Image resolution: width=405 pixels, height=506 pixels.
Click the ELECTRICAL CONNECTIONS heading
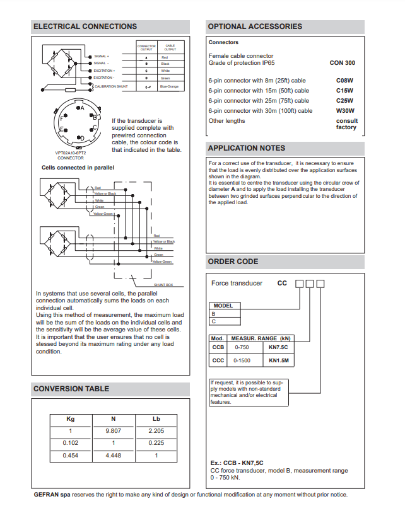coord(85,26)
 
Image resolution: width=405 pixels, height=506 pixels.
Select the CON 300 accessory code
coord(342,63)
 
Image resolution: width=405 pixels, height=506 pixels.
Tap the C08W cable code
coord(344,81)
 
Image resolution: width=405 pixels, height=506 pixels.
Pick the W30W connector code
coord(344,111)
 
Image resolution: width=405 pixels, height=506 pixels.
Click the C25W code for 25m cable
coord(344,101)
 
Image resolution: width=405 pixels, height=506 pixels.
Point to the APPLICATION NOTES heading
coord(247,148)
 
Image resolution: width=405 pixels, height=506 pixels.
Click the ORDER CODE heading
coord(233,262)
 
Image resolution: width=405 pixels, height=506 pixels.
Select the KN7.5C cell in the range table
coord(279,347)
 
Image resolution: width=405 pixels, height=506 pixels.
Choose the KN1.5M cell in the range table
coord(279,361)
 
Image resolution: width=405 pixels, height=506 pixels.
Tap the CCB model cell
coord(218,347)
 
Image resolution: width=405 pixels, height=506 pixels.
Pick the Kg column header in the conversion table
coord(71,419)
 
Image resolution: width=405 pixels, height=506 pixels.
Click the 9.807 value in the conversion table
coord(113,431)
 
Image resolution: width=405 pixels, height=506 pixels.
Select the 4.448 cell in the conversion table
coord(113,455)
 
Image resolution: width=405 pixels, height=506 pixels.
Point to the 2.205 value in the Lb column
coord(156,431)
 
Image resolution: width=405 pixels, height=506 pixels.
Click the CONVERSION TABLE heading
coord(71,389)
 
